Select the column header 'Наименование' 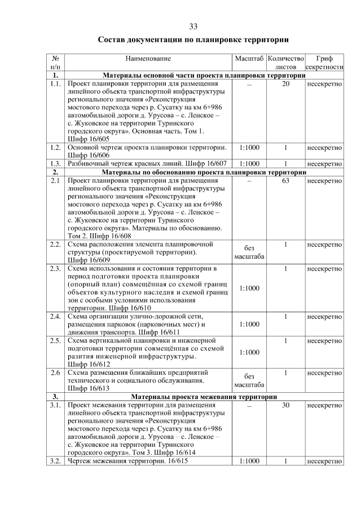coord(148,58)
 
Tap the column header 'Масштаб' coord(249,58)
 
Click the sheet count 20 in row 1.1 coord(285,84)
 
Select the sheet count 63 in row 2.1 coord(285,181)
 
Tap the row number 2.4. coord(55,317)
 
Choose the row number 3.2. coord(55,461)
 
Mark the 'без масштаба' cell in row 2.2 coord(249,252)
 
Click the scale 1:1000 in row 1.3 coord(249,163)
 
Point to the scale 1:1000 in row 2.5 coord(249,352)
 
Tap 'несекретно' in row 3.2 coord(324,461)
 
